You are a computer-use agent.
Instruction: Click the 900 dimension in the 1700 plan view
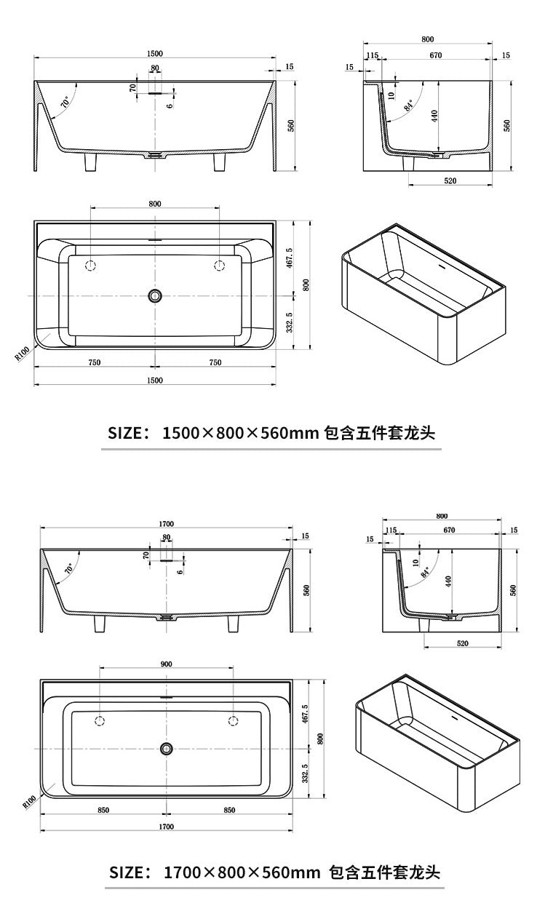tap(166, 663)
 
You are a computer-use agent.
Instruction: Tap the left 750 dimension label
tap(95, 362)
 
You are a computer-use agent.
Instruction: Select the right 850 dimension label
tap(229, 810)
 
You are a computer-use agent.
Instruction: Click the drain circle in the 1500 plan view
tap(154, 295)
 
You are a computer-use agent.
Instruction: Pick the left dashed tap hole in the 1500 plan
tap(91, 266)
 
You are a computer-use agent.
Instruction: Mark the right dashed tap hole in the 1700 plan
tap(234, 720)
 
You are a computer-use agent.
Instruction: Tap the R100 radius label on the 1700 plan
tap(30, 800)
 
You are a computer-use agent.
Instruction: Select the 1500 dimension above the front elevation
tap(154, 53)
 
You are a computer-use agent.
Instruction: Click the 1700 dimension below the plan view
tap(167, 827)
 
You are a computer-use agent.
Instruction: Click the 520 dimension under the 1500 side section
tap(450, 181)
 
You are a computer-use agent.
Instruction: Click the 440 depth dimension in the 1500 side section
tap(434, 116)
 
